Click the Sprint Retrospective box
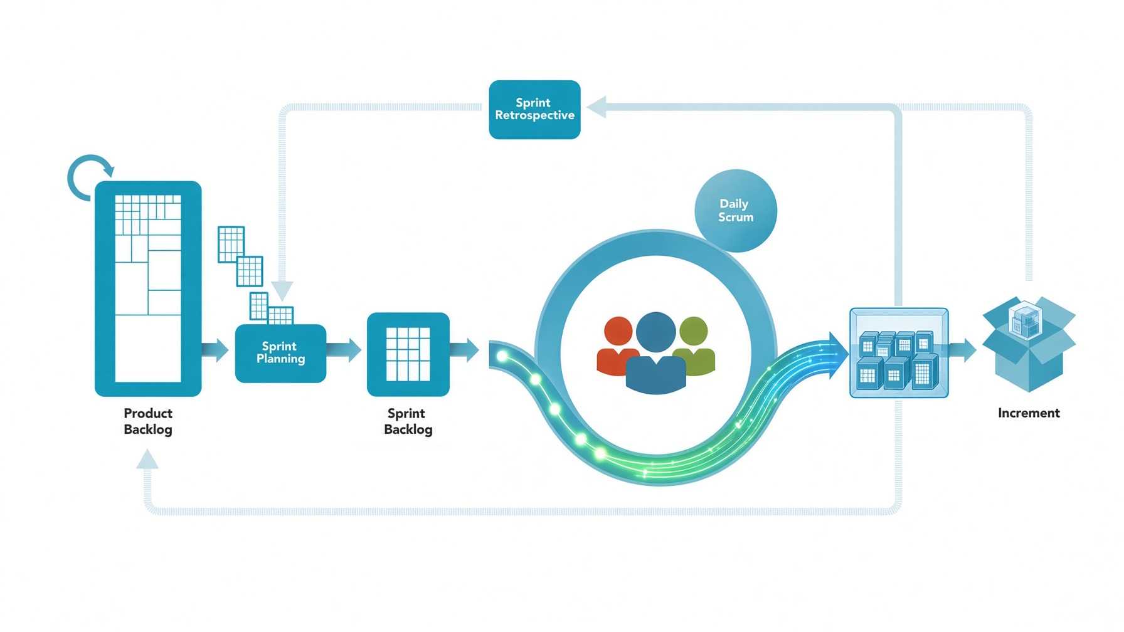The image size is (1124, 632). click(x=534, y=109)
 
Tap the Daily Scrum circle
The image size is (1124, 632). click(x=736, y=211)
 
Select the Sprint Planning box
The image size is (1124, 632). click(x=280, y=353)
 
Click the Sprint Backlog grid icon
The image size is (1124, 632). click(x=408, y=354)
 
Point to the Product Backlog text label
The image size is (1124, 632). click(x=148, y=421)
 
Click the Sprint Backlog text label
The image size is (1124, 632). click(x=408, y=421)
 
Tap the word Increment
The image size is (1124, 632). click(x=1029, y=413)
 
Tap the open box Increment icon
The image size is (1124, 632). click(x=1029, y=344)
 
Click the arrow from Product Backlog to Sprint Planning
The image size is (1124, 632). click(x=215, y=349)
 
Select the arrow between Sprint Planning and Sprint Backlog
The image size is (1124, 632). click(x=344, y=350)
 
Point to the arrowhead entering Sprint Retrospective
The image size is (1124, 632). click(x=597, y=107)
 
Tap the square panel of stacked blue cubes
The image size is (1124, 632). click(x=899, y=353)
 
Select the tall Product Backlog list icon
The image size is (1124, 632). click(x=148, y=289)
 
